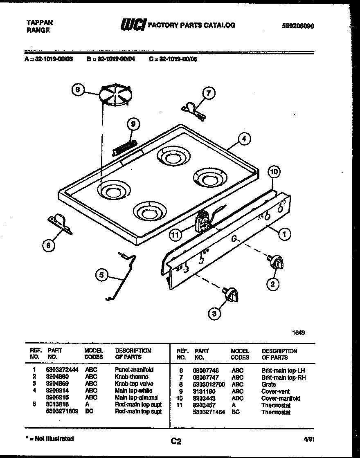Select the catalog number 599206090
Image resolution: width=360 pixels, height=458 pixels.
(x=298, y=26)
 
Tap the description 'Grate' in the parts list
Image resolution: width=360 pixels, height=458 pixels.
(x=268, y=384)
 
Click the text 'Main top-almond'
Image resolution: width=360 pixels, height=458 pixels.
(x=136, y=398)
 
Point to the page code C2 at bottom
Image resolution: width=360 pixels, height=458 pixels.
(x=176, y=441)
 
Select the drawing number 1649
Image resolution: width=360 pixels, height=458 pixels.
(x=299, y=332)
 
